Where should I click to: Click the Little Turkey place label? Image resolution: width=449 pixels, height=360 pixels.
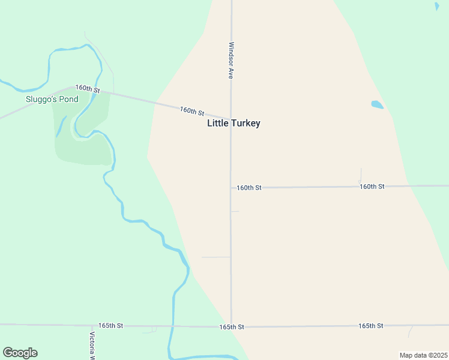tap(234, 123)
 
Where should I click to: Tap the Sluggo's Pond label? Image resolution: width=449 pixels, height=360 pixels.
tap(52, 99)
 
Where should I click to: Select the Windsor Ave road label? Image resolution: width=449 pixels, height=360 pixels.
tap(231, 61)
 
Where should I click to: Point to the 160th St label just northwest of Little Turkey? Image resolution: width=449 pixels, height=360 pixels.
tap(191, 112)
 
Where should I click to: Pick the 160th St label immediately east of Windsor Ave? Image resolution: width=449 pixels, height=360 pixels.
tap(249, 188)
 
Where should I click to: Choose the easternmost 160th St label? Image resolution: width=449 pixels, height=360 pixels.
tap(372, 187)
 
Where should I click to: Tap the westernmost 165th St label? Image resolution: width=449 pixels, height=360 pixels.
tap(110, 325)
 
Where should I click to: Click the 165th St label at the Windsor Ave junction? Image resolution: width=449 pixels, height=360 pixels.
tap(231, 327)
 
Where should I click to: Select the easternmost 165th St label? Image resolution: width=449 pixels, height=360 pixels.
tap(370, 325)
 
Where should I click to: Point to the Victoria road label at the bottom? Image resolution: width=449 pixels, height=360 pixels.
tap(92, 346)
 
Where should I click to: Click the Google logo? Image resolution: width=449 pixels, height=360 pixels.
tap(20, 353)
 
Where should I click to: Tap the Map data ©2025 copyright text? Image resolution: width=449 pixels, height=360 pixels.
tap(423, 355)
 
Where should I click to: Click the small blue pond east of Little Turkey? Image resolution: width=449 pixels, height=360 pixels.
tap(377, 104)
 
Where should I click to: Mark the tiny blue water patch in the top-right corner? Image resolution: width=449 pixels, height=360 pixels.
tap(436, 7)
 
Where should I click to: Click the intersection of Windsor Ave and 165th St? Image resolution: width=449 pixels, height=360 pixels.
tap(231, 327)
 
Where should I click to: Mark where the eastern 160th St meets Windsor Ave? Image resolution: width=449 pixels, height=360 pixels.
tap(231, 188)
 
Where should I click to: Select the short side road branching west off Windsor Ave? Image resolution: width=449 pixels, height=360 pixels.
tap(216, 257)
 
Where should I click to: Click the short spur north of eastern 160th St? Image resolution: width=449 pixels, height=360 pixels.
tap(360, 175)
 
